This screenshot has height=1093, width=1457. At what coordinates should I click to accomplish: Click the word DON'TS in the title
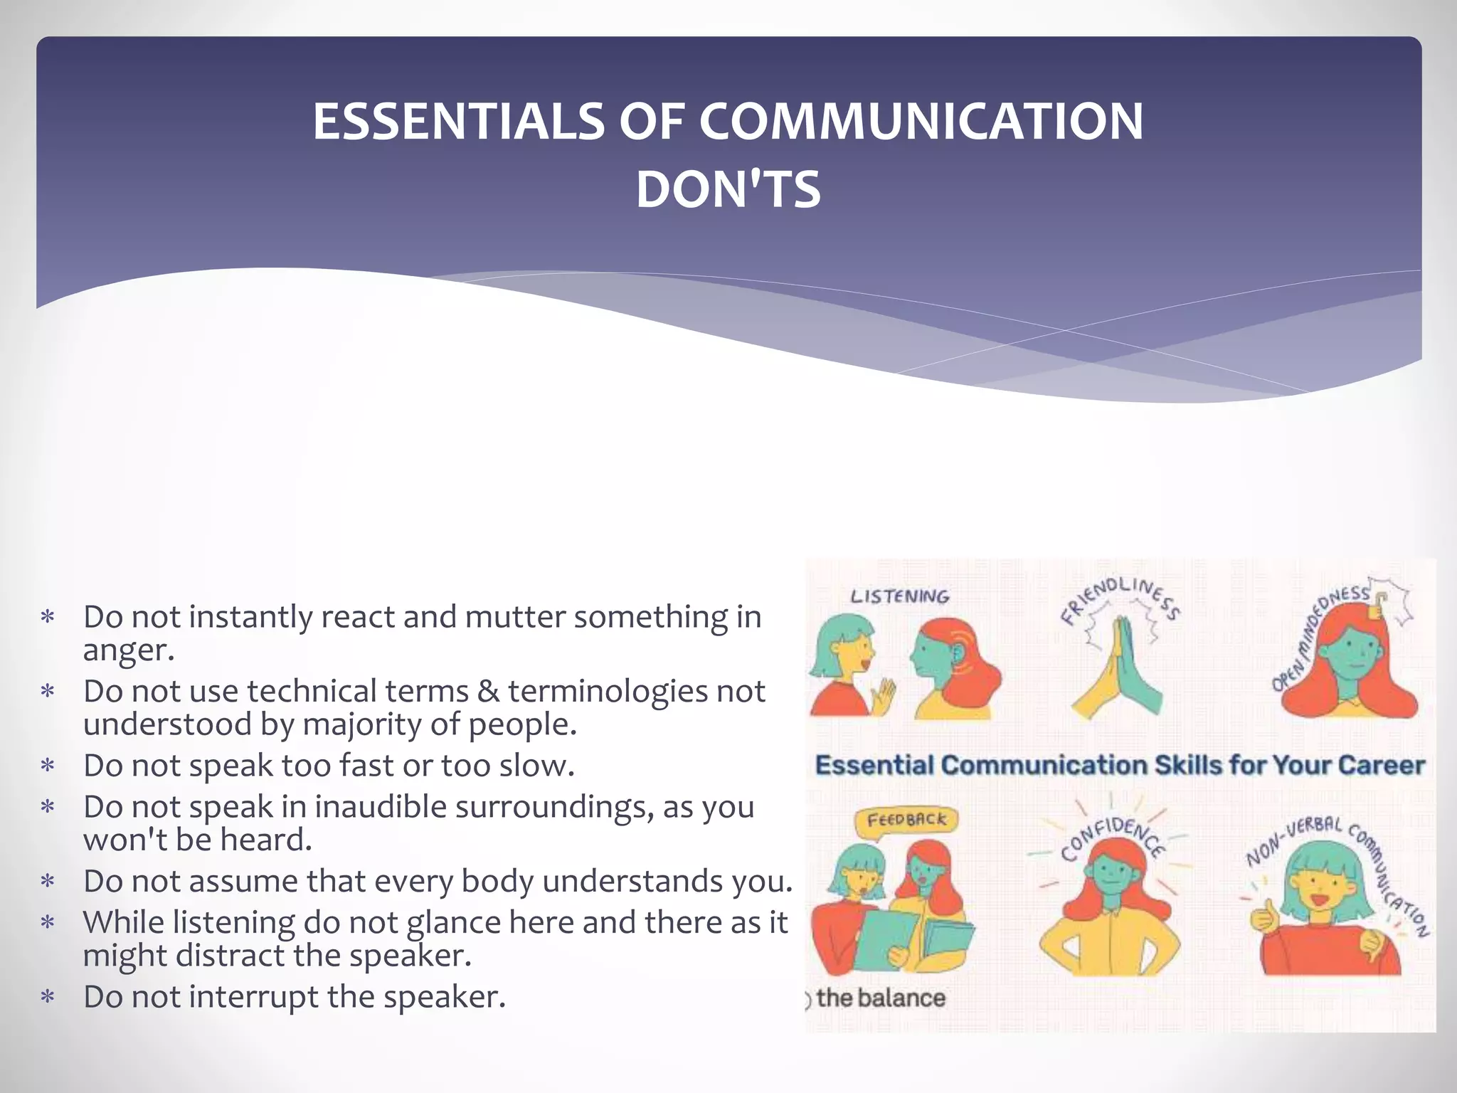(728, 190)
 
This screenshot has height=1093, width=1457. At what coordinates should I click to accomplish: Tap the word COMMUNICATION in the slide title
(921, 122)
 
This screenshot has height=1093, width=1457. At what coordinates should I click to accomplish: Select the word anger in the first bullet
(128, 650)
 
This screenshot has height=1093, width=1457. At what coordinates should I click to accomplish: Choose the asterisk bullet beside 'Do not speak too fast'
(48, 766)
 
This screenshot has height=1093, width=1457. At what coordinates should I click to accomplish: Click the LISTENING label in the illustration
(900, 596)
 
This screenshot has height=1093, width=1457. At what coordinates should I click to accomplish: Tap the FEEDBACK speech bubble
(906, 820)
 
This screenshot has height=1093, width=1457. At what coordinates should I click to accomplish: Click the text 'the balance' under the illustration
(881, 998)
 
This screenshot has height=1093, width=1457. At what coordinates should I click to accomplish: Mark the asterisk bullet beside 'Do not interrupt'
(48, 998)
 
